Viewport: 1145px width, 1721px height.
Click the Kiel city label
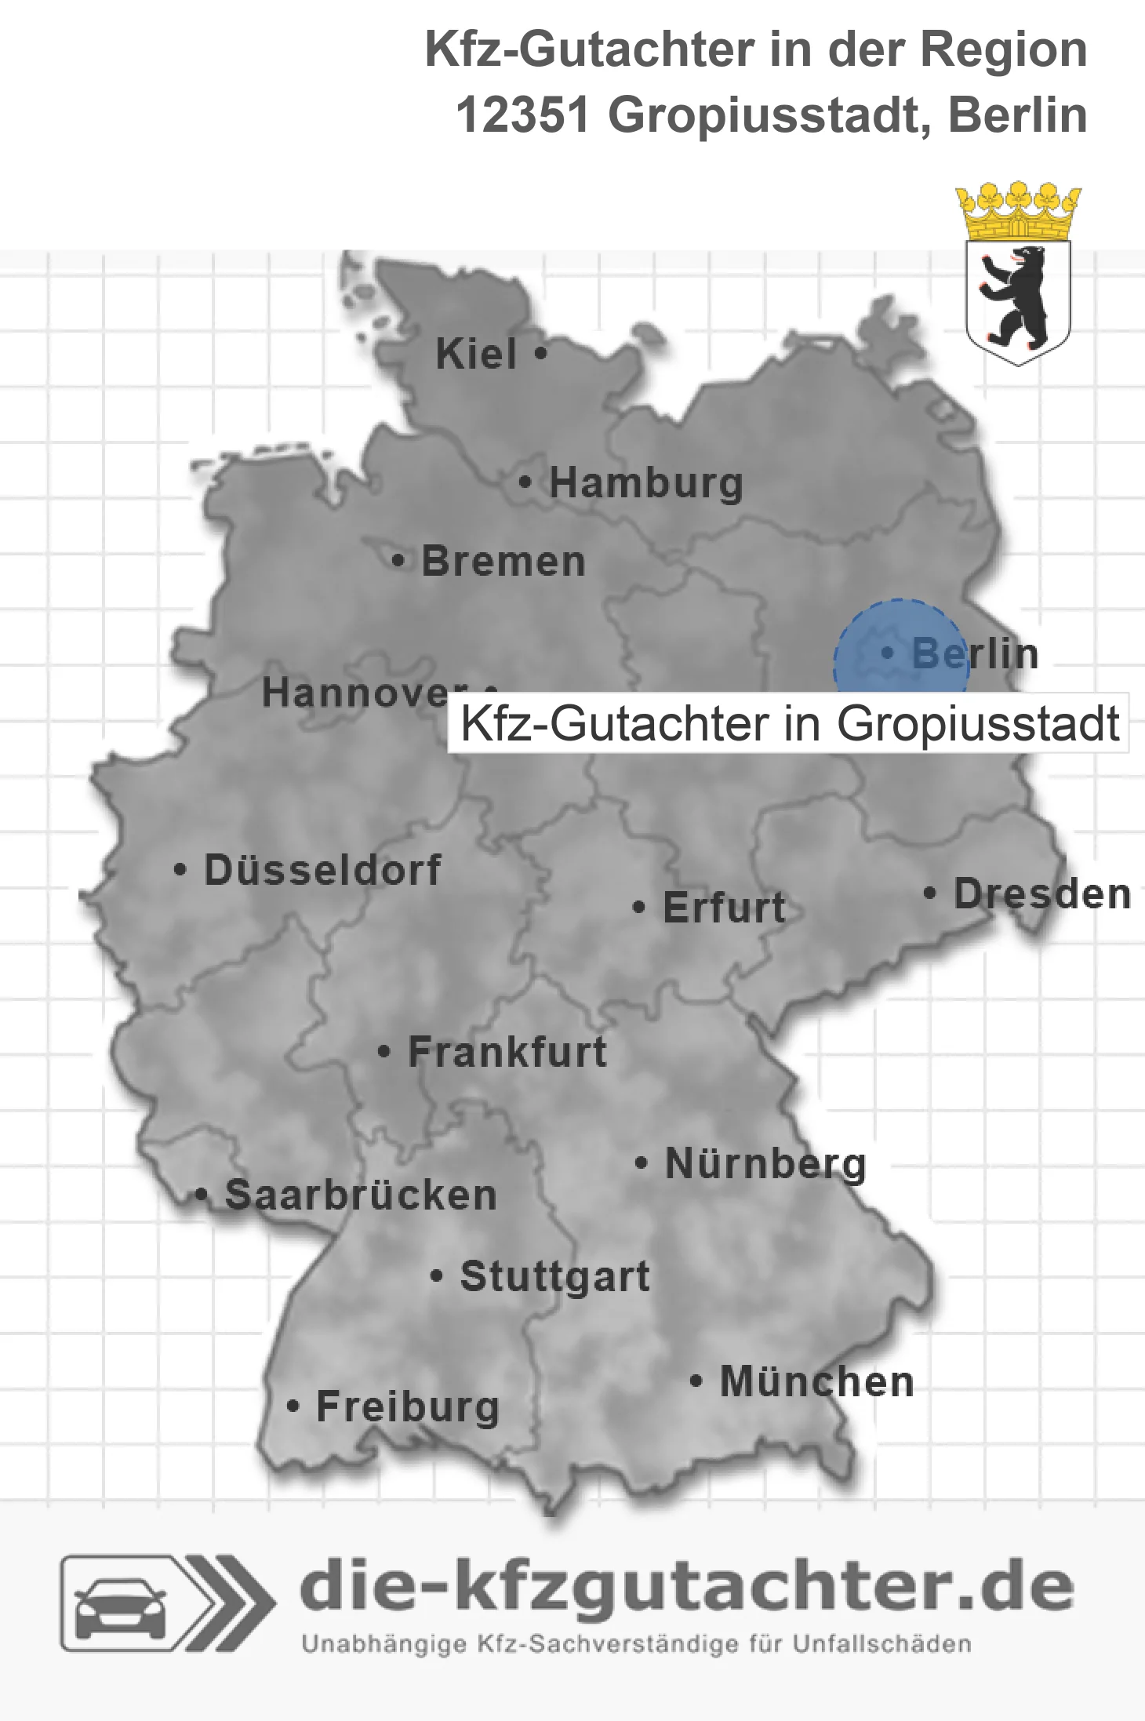pos(476,355)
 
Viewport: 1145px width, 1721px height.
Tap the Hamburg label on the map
pos(645,483)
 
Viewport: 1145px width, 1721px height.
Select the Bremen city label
pos(503,562)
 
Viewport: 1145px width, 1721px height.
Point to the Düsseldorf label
pos(322,871)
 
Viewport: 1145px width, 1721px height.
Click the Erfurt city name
pos(723,908)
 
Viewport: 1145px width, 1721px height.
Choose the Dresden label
pos(1041,895)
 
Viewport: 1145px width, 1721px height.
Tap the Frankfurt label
pos(507,1053)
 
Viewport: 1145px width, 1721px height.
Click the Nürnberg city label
pos(765,1164)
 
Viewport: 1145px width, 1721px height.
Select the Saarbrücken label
pos(360,1196)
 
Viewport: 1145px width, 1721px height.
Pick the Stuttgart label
pos(554,1277)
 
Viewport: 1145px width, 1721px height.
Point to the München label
pos(816,1382)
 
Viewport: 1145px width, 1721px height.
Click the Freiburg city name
pos(407,1408)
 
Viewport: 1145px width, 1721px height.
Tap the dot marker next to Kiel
pos(540,354)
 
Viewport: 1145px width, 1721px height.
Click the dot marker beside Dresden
pos(930,893)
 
